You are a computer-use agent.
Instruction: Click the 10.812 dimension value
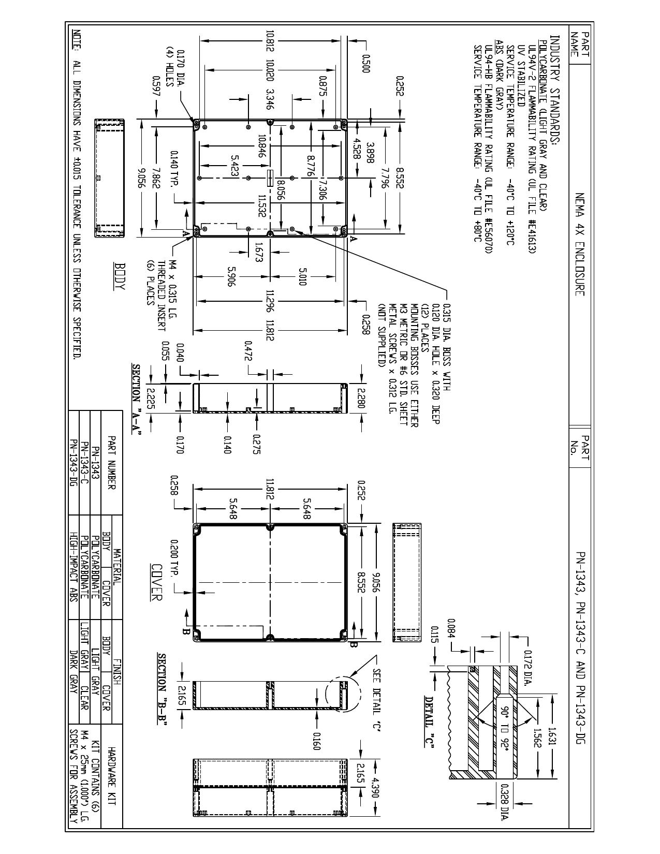click(270, 46)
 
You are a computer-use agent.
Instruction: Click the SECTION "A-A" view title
click(137, 400)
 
